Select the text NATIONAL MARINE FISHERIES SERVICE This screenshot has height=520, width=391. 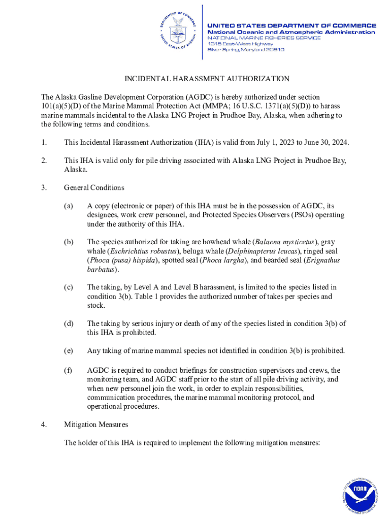[264, 38]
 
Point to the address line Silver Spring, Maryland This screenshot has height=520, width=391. [245, 50]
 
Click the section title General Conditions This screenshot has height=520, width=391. [94, 187]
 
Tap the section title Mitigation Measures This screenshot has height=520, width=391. [96, 424]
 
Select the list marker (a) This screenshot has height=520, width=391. [68, 206]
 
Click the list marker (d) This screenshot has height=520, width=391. [68, 323]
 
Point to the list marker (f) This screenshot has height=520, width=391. [68, 370]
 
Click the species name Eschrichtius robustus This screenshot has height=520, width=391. [144, 251]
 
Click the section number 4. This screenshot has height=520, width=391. [44, 424]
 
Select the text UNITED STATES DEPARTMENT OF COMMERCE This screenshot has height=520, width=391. [291, 25]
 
